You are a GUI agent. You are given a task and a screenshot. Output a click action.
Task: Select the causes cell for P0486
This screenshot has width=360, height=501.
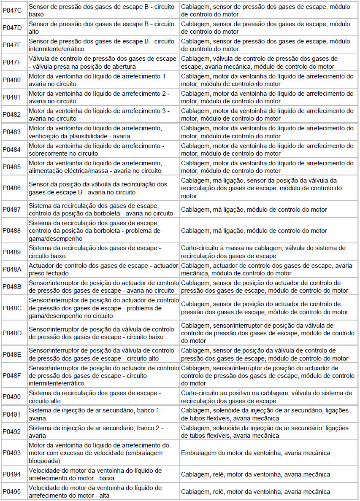268,188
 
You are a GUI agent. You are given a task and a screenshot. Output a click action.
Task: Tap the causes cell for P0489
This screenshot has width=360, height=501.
268,252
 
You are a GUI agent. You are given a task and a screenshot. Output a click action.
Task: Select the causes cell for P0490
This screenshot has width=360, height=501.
268,397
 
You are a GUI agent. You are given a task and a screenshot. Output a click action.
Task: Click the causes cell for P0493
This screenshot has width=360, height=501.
268,453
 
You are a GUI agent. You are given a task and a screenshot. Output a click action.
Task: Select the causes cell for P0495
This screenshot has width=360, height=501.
268,492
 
